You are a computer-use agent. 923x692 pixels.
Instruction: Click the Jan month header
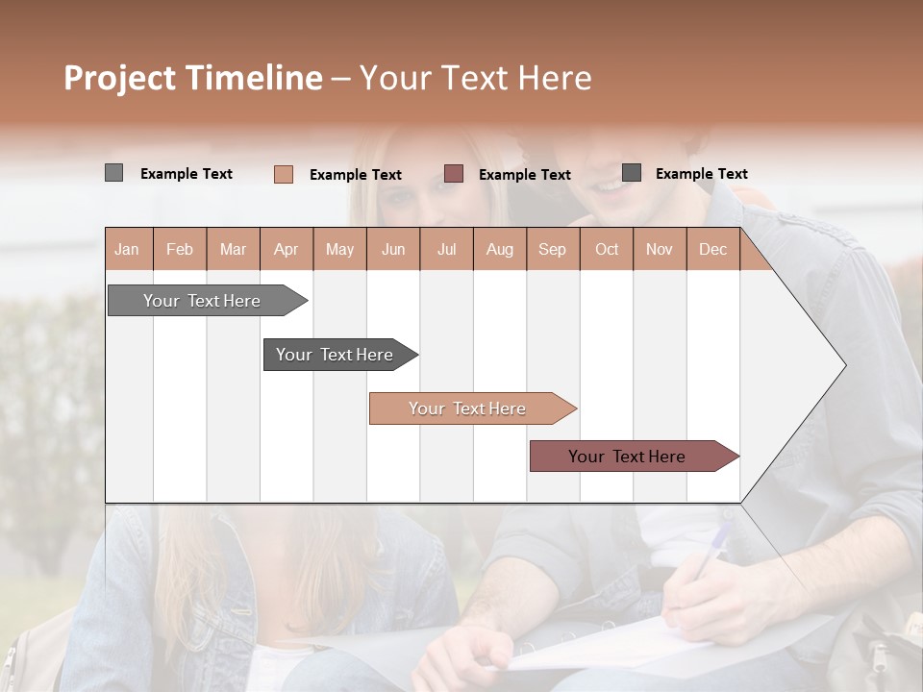point(127,250)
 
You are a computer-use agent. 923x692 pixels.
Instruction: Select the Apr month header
point(286,250)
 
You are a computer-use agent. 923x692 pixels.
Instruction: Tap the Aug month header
point(499,250)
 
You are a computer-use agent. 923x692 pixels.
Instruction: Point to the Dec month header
point(712,250)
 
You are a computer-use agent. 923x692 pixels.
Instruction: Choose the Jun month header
point(392,250)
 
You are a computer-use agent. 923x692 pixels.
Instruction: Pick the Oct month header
point(606,250)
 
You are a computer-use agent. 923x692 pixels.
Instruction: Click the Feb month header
point(180,250)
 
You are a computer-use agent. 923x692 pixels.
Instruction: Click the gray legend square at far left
point(113,173)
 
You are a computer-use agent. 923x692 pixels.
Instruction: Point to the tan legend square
point(283,174)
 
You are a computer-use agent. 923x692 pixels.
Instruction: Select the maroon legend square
point(454,174)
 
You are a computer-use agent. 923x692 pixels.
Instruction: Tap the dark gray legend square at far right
point(632,173)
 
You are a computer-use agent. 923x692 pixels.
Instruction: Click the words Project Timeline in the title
point(193,78)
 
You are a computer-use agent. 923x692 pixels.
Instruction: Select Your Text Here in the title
point(475,78)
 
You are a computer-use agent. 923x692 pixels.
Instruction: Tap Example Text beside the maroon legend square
point(524,175)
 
